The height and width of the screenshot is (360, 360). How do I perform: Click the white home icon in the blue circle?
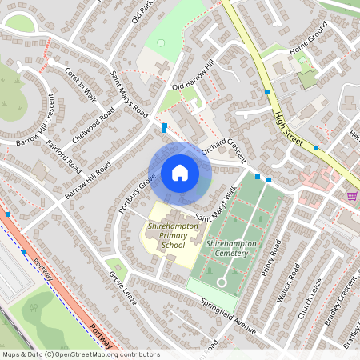pyautogui.click(x=180, y=173)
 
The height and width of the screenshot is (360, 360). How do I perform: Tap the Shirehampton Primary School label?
pyautogui.click(x=162, y=236)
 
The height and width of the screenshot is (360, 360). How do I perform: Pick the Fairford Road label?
pyautogui.click(x=64, y=157)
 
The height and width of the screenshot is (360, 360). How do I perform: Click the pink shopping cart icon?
pyautogui.click(x=352, y=195)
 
